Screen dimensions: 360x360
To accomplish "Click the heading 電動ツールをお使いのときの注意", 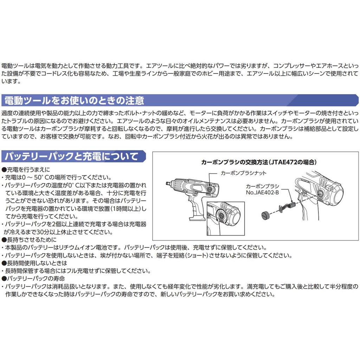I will coord(74,101).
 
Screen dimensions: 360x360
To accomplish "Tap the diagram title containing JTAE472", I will coord(259,162).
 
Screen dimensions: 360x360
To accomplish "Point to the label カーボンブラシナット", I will coord(243,173).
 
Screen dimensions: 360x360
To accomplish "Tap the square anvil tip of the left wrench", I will coord(167,184).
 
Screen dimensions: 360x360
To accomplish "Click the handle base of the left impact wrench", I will coord(192,214).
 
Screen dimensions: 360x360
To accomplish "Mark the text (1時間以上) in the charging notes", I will coord(119,208).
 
